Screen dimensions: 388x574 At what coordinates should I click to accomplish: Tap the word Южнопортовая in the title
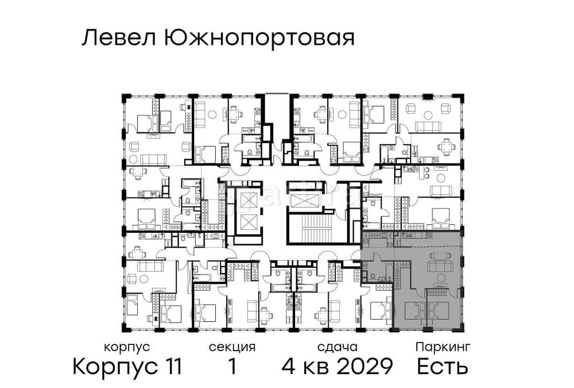pos(259,39)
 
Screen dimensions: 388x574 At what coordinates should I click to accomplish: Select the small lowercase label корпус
pos(127,347)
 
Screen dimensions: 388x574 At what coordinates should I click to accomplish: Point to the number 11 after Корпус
pos(170,366)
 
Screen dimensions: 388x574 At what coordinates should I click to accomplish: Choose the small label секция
pos(232,347)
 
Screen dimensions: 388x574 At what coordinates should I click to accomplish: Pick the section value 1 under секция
pos(232,366)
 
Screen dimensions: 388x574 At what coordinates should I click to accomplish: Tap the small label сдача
pos(337,347)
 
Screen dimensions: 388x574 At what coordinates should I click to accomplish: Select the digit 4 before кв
pos(289,366)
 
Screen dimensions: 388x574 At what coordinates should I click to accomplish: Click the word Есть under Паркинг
pos(442,366)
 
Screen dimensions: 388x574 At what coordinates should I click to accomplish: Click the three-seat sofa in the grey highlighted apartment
pos(440,266)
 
